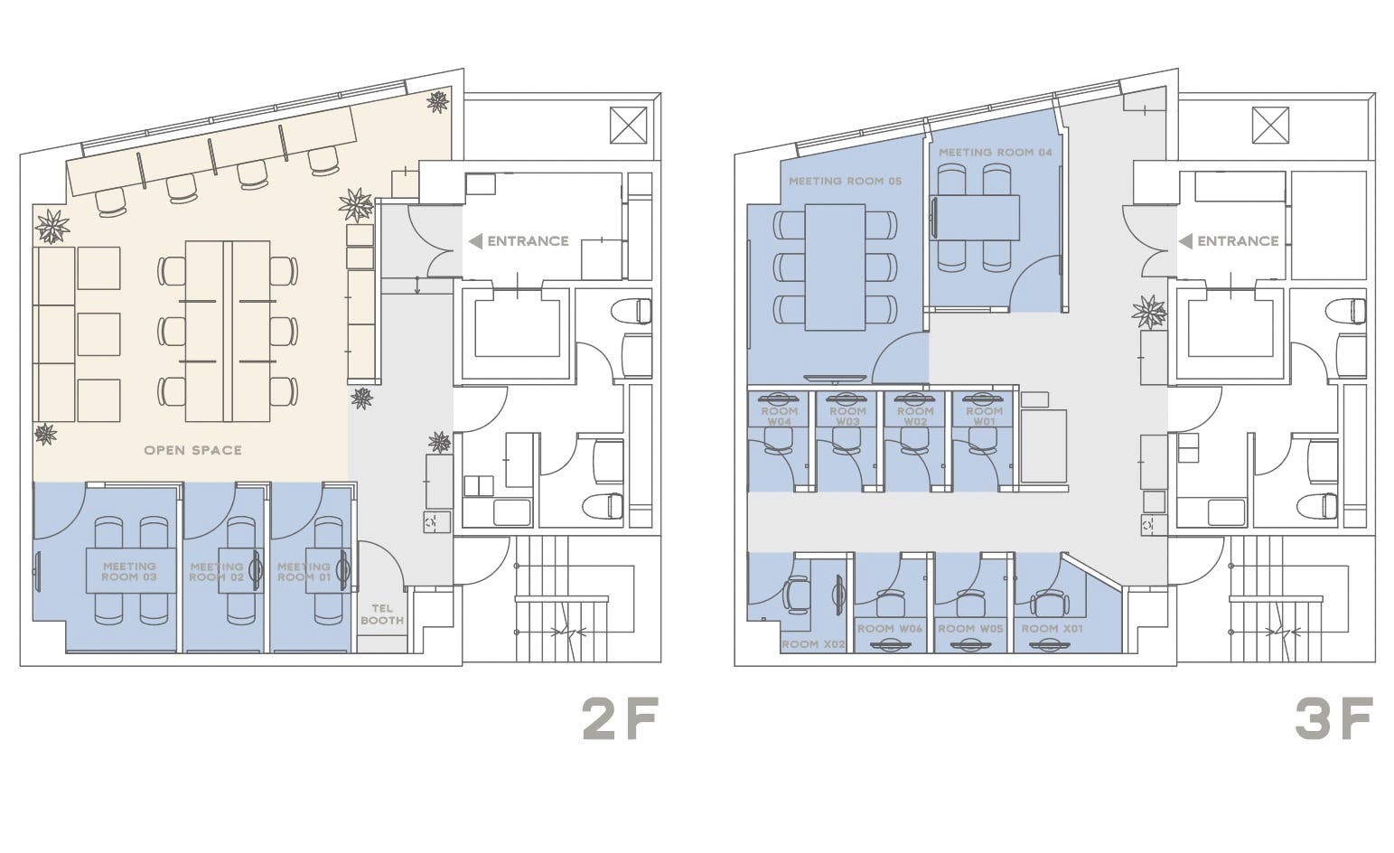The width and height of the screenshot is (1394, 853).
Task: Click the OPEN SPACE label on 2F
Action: (x=193, y=450)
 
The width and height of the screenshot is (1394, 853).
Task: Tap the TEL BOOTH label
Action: (x=382, y=614)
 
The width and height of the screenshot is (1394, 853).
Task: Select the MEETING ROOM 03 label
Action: (x=129, y=572)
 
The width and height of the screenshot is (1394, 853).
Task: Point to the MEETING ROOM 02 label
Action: (x=217, y=572)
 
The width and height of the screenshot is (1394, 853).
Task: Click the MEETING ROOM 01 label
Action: (x=304, y=572)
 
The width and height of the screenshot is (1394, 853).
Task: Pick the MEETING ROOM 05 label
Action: (x=845, y=182)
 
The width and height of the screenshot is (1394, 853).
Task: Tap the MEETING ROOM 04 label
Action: (x=995, y=152)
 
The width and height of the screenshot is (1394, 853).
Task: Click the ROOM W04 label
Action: (x=779, y=417)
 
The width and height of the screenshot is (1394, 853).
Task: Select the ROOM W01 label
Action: (x=985, y=417)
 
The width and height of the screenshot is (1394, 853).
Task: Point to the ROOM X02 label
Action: (x=813, y=644)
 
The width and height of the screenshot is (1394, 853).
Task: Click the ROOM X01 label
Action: (x=1052, y=629)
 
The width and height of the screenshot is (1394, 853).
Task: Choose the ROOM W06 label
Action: (x=890, y=629)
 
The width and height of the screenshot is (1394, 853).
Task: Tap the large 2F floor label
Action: (x=620, y=719)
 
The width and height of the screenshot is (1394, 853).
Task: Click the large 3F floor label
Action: (x=1334, y=719)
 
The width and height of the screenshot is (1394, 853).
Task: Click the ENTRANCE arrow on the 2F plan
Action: (x=475, y=241)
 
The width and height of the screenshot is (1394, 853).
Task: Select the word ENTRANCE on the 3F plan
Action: (x=1239, y=241)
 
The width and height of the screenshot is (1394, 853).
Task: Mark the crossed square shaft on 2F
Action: (x=628, y=125)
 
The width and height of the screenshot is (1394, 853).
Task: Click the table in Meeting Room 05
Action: (x=835, y=267)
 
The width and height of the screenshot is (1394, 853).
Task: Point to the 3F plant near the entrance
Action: (x=1149, y=312)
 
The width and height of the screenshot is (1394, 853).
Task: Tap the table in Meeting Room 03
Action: (x=131, y=571)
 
